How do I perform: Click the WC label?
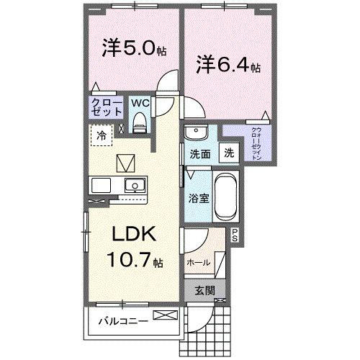coord(140,103)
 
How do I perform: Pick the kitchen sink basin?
coord(133,185)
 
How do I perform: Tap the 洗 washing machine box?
coord(228,153)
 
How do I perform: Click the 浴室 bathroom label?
coord(199,198)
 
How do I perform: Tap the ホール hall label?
coord(199,263)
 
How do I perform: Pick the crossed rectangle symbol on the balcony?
coord(164,315)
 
